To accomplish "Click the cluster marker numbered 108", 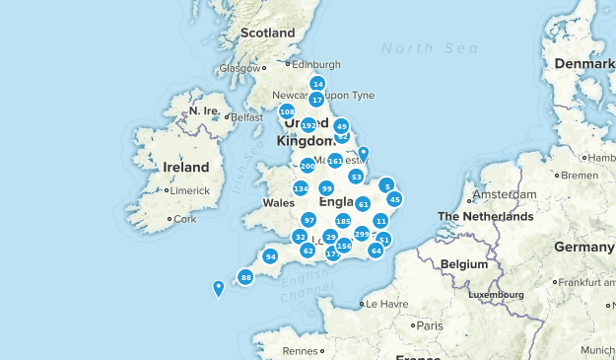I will (x=287, y=111).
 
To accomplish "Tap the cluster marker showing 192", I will (x=308, y=126).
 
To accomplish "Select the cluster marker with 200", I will (x=308, y=167).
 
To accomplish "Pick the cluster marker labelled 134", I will (x=301, y=188).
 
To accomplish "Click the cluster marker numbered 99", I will (x=326, y=188).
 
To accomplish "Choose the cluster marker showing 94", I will (x=270, y=257).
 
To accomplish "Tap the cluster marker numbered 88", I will (x=246, y=277).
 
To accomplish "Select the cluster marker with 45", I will (x=394, y=199).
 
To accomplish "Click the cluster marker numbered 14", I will (x=317, y=85).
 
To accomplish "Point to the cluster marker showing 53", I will (x=356, y=177).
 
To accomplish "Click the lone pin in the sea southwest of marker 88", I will (x=218, y=288).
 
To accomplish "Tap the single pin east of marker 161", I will (x=363, y=154).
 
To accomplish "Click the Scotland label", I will (x=268, y=33).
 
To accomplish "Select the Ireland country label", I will (x=186, y=167).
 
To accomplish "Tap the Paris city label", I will (x=429, y=324).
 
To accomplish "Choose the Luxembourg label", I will (x=495, y=294).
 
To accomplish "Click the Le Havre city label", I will (x=386, y=304).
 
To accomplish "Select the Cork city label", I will (x=184, y=219).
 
